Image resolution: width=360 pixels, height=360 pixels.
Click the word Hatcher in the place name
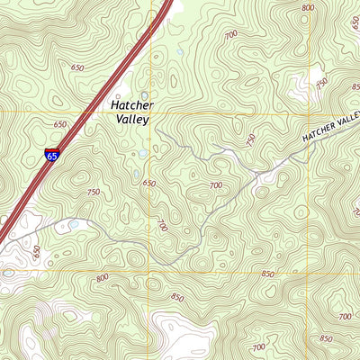coord(131,104)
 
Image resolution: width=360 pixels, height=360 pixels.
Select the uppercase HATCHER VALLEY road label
coord(330,129)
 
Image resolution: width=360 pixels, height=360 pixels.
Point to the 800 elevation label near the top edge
coord(309,8)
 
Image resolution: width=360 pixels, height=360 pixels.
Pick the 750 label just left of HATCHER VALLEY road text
coord(249,140)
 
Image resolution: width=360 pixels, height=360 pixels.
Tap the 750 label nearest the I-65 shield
coord(94,192)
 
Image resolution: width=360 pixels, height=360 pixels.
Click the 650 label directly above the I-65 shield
coord(60,125)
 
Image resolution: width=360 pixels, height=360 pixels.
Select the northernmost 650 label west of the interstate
coord(77,67)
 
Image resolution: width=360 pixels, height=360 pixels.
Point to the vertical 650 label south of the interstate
coord(37,251)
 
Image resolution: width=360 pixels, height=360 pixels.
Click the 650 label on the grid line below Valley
coord(148,184)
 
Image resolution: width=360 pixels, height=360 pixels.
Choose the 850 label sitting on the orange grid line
coord(268,274)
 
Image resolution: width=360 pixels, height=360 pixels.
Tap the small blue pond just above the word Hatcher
coord(144,94)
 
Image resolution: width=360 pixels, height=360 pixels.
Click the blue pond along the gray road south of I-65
coord(74,224)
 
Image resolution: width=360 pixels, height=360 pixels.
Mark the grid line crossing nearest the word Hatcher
coord(149,112)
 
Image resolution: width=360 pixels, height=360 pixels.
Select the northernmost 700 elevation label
coord(232,34)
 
